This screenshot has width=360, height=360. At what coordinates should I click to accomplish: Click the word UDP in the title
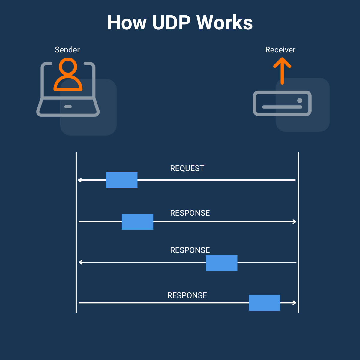[171, 23]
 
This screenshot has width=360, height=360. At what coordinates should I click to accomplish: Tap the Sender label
[67, 50]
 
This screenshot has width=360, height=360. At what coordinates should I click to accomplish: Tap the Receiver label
[280, 50]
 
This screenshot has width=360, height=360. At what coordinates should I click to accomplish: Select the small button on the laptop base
[68, 106]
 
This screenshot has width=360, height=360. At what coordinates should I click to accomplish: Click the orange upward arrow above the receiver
[282, 70]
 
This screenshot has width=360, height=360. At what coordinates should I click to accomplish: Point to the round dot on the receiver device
[299, 100]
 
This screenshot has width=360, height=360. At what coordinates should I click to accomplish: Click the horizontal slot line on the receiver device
[282, 107]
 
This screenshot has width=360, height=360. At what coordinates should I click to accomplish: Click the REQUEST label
[187, 168]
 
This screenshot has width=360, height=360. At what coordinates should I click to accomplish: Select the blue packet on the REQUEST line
[121, 180]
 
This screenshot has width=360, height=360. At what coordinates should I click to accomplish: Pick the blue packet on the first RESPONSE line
[137, 222]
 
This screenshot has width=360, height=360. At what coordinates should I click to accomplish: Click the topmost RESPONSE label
[190, 213]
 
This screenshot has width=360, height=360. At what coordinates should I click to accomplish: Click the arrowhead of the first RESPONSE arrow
[295, 222]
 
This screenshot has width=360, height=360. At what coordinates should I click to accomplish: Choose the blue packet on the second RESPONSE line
[221, 263]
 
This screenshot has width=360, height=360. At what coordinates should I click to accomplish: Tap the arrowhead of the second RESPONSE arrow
[80, 262]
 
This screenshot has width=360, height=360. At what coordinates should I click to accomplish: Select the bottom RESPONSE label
[187, 295]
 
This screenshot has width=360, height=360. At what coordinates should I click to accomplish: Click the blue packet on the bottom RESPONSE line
[264, 303]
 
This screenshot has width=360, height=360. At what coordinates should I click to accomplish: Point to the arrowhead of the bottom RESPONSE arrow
[295, 303]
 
